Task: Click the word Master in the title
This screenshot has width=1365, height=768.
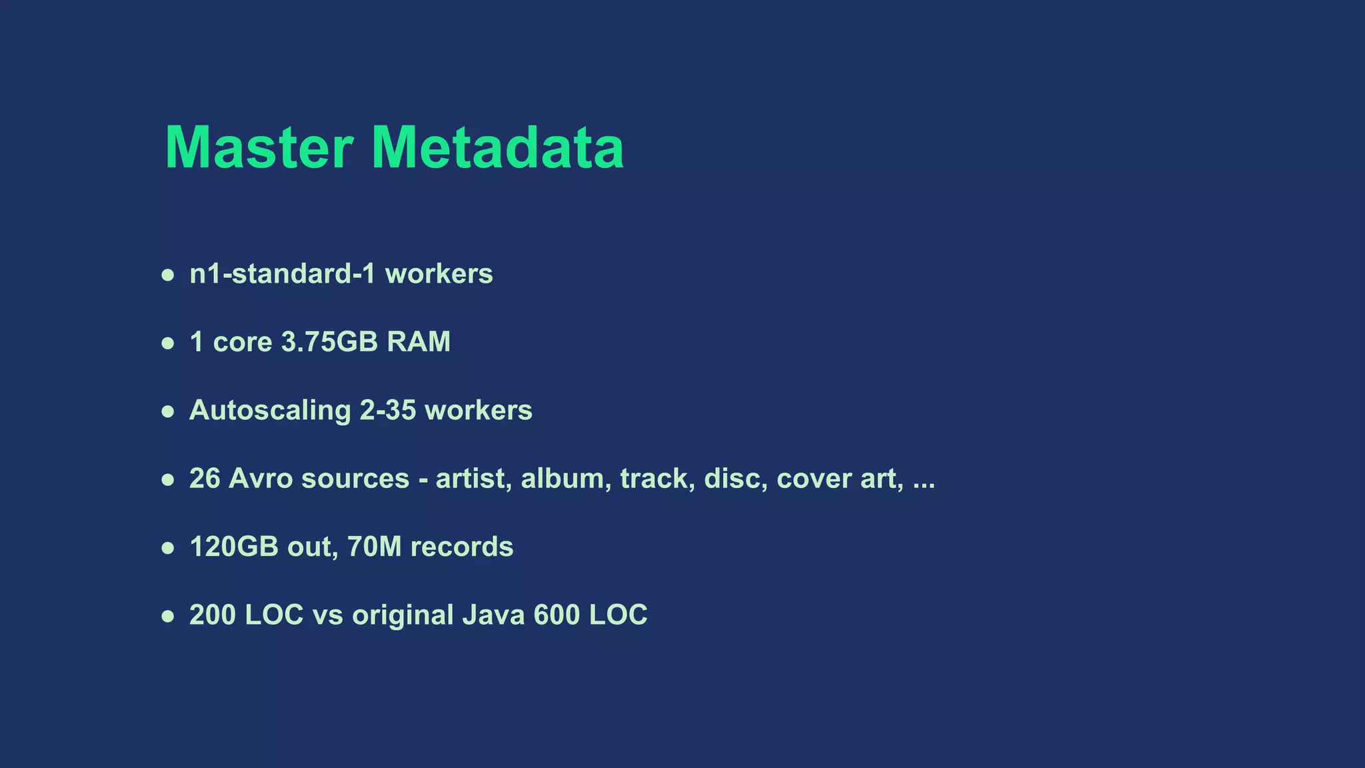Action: pos(259,147)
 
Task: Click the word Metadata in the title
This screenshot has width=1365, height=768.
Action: pos(497,147)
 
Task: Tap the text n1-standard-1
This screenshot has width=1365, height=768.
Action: pos(283,274)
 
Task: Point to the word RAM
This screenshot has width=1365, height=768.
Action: pos(419,342)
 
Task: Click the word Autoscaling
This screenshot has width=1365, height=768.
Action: pos(270,411)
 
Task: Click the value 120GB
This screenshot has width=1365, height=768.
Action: pos(234,547)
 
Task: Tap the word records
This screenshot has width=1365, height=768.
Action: pos(462,547)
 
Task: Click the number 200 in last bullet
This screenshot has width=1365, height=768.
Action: pos(213,615)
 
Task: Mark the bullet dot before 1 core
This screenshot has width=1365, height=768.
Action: pos(168,343)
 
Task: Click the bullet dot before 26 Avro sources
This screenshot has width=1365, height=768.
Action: pos(168,480)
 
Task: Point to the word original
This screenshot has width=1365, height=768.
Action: pos(403,615)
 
